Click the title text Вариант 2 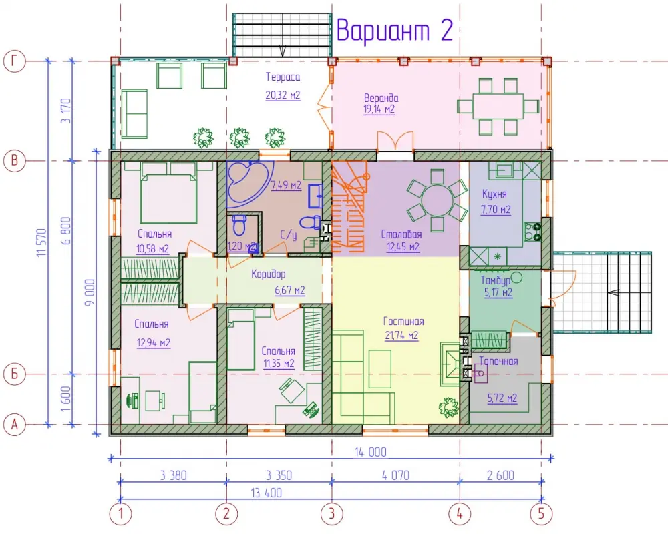coord(395,30)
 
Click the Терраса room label coord(283,77)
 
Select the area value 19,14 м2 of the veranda coord(379,109)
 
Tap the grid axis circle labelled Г coord(15,61)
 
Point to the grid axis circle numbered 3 coord(332,513)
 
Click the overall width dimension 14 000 coord(371,452)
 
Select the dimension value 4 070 coord(395,475)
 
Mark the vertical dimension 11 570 coord(41,242)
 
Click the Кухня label coord(494,194)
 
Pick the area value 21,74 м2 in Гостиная coord(401,336)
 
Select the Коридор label coord(269,274)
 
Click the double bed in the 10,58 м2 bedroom coord(169,193)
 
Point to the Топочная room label coord(499,362)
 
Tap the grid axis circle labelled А coord(15,425)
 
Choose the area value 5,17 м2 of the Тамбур coord(498,292)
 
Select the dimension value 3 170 coord(66,111)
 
